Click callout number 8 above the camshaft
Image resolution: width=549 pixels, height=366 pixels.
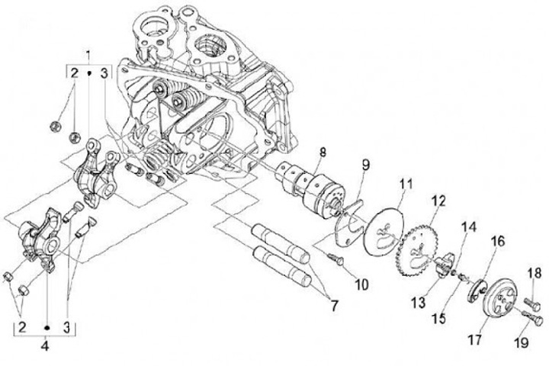pyautogui.click(x=322, y=152)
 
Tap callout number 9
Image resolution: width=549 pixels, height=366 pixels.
pyautogui.click(x=365, y=164)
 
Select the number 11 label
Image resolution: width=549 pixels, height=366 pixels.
pyautogui.click(x=406, y=184)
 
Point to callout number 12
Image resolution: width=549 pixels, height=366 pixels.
pyautogui.click(x=438, y=201)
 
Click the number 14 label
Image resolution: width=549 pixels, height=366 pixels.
pyautogui.click(x=469, y=226)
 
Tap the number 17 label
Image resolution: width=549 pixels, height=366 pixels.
pyautogui.click(x=475, y=339)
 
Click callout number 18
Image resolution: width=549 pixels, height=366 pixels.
pyautogui.click(x=534, y=273)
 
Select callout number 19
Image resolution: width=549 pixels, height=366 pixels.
pyautogui.click(x=522, y=342)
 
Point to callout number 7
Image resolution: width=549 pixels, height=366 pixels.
pyautogui.click(x=334, y=306)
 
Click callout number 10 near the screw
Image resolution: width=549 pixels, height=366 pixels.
pyautogui.click(x=361, y=284)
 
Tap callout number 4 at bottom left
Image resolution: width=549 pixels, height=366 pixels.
pyautogui.click(x=44, y=346)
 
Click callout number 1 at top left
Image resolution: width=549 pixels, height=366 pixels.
pyautogui.click(x=88, y=55)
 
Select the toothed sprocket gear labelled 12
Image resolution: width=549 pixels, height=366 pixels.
pyautogui.click(x=417, y=252)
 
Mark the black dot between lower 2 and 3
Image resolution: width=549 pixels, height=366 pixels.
pyautogui.click(x=47, y=328)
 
